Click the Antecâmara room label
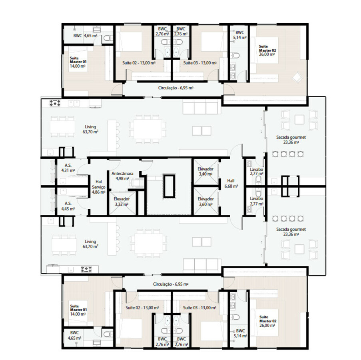(x=122, y=174)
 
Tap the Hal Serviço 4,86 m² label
(x=98, y=187)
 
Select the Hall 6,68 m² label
(x=231, y=183)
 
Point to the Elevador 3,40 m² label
(x=205, y=171)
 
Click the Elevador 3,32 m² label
(x=122, y=202)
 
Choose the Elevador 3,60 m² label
(x=205, y=202)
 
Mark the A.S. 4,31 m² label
(x=68, y=168)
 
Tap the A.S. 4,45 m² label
(x=68, y=206)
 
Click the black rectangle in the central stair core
(x=169, y=186)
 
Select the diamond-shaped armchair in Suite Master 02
(x=297, y=77)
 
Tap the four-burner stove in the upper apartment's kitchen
(x=55, y=103)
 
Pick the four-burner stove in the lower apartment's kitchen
(x=86, y=269)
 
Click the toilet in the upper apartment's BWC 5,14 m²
(x=235, y=56)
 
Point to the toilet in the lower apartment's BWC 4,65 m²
(x=108, y=334)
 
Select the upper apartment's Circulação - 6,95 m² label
(x=176, y=88)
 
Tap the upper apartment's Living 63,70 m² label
(x=90, y=129)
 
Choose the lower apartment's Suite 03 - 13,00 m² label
(x=199, y=308)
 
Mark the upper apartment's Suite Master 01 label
(x=78, y=60)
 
